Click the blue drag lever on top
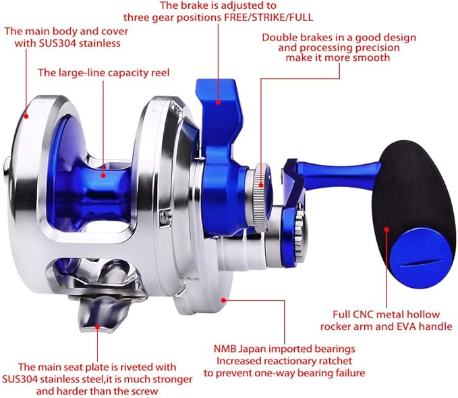tap(217, 101)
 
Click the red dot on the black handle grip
tap(387, 230)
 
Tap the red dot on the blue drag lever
tap(219, 103)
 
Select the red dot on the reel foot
tap(98, 326)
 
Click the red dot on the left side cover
tap(26, 115)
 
